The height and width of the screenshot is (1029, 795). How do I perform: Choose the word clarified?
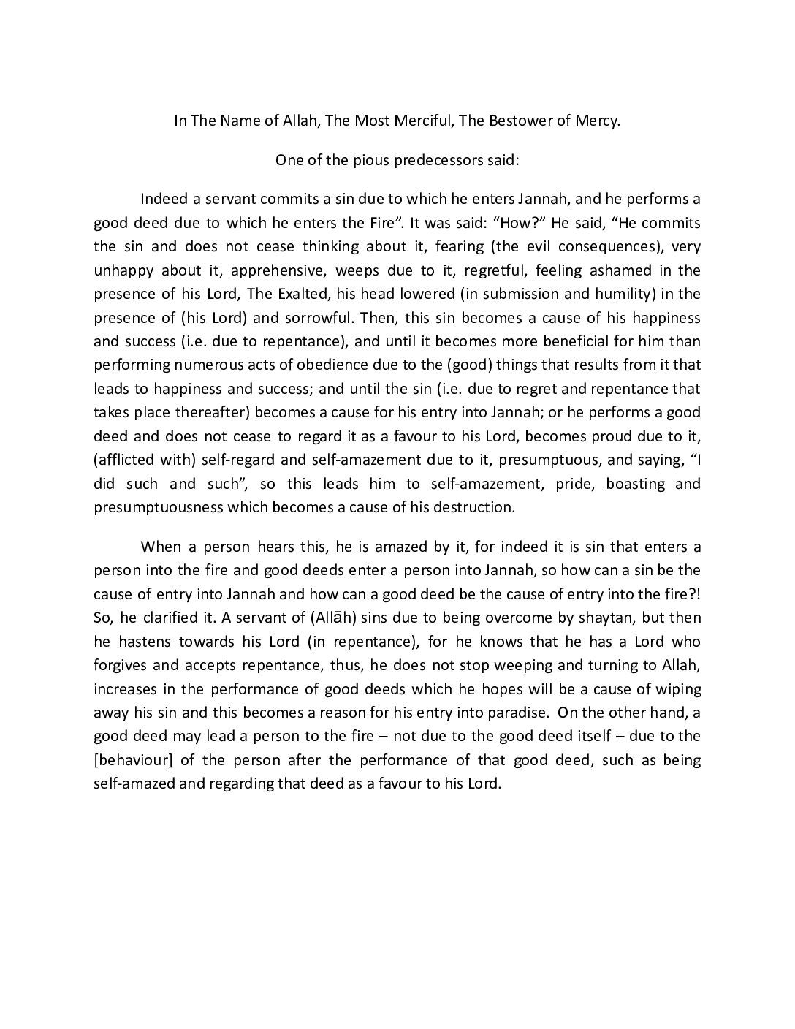pyautogui.click(x=171, y=618)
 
